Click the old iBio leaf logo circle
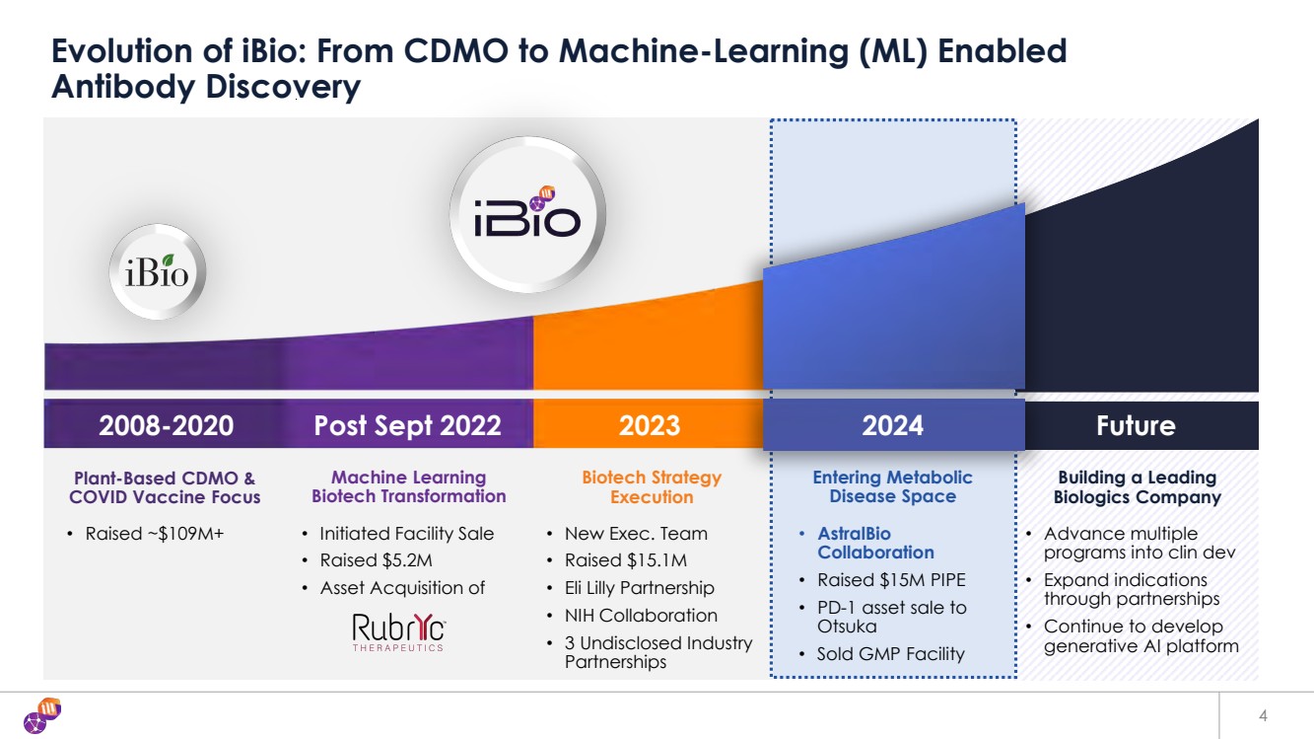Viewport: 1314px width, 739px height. [157, 271]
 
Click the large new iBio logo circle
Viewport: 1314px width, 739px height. [528, 215]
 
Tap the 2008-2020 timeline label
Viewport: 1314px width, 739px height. [166, 425]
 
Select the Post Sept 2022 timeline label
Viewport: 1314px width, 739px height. [408, 425]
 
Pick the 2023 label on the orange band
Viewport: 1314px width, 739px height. [650, 425]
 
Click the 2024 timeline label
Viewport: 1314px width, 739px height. [892, 425]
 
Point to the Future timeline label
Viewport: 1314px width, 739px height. [1136, 425]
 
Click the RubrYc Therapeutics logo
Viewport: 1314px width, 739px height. [398, 632]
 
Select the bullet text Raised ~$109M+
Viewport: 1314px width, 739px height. [155, 534]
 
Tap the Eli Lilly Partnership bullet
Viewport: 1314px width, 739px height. [640, 588]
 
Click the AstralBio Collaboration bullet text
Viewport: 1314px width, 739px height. [875, 543]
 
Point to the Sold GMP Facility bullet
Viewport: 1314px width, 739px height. [890, 654]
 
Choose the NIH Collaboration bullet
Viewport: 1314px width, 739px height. [641, 615]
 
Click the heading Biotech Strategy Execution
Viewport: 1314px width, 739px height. [652, 487]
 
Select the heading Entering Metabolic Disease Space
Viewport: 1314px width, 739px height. [892, 486]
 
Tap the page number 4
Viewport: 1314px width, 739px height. [1263, 715]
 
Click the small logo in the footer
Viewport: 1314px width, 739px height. [42, 715]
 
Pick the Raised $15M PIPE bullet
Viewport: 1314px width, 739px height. [891, 580]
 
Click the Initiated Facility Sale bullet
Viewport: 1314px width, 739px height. [406, 534]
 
